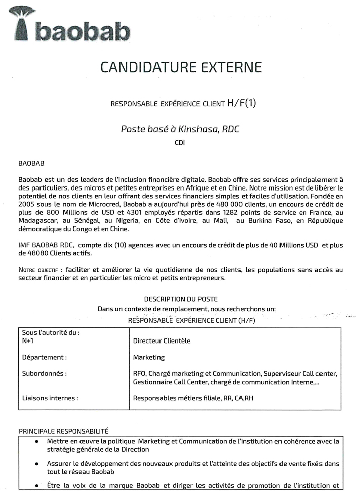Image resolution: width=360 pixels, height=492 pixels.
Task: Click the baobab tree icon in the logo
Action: (x=22, y=23)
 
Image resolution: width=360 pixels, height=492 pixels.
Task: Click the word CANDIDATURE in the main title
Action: (x=143, y=67)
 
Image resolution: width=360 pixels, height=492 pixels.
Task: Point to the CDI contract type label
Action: (x=180, y=143)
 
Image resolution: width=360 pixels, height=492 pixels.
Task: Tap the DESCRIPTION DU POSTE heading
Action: (x=180, y=299)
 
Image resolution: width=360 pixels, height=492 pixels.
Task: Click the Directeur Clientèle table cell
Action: (x=162, y=341)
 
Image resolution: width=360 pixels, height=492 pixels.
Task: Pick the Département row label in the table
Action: (x=44, y=357)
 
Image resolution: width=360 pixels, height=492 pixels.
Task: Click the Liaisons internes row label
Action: (x=50, y=398)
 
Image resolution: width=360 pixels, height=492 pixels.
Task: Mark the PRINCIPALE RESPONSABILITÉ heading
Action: (x=63, y=431)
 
